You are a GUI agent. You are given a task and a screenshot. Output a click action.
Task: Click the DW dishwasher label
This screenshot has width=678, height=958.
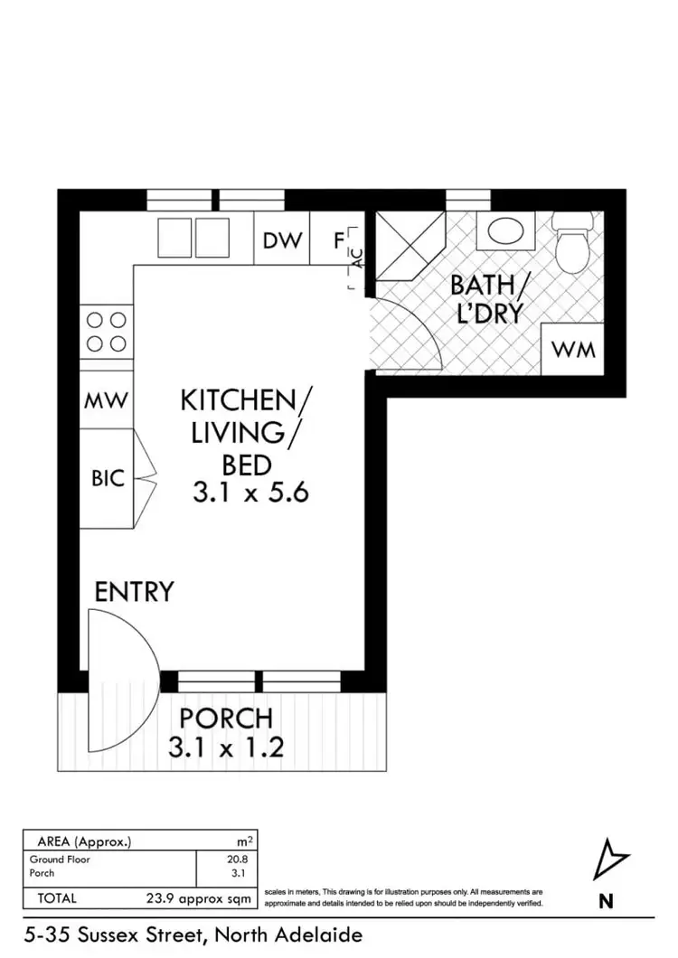[281, 240]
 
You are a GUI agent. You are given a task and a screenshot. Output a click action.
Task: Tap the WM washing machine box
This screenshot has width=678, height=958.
[574, 349]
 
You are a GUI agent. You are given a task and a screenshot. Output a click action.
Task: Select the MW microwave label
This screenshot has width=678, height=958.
[107, 400]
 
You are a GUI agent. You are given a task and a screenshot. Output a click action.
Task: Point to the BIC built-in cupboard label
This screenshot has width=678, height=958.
[107, 478]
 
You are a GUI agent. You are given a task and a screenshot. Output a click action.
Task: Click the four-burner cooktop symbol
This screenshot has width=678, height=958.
[107, 331]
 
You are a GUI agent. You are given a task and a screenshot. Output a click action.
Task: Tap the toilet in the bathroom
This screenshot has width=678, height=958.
[573, 240]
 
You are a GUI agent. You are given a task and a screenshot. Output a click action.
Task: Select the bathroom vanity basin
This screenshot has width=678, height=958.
[505, 231]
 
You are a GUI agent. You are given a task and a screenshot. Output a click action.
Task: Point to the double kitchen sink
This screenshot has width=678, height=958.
[193, 238]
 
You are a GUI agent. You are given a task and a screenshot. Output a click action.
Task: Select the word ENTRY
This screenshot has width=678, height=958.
[134, 592]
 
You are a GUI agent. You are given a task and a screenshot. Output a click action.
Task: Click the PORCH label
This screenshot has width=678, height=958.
[226, 719]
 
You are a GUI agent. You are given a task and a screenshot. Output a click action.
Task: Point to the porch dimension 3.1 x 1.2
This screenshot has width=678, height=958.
[226, 747]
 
